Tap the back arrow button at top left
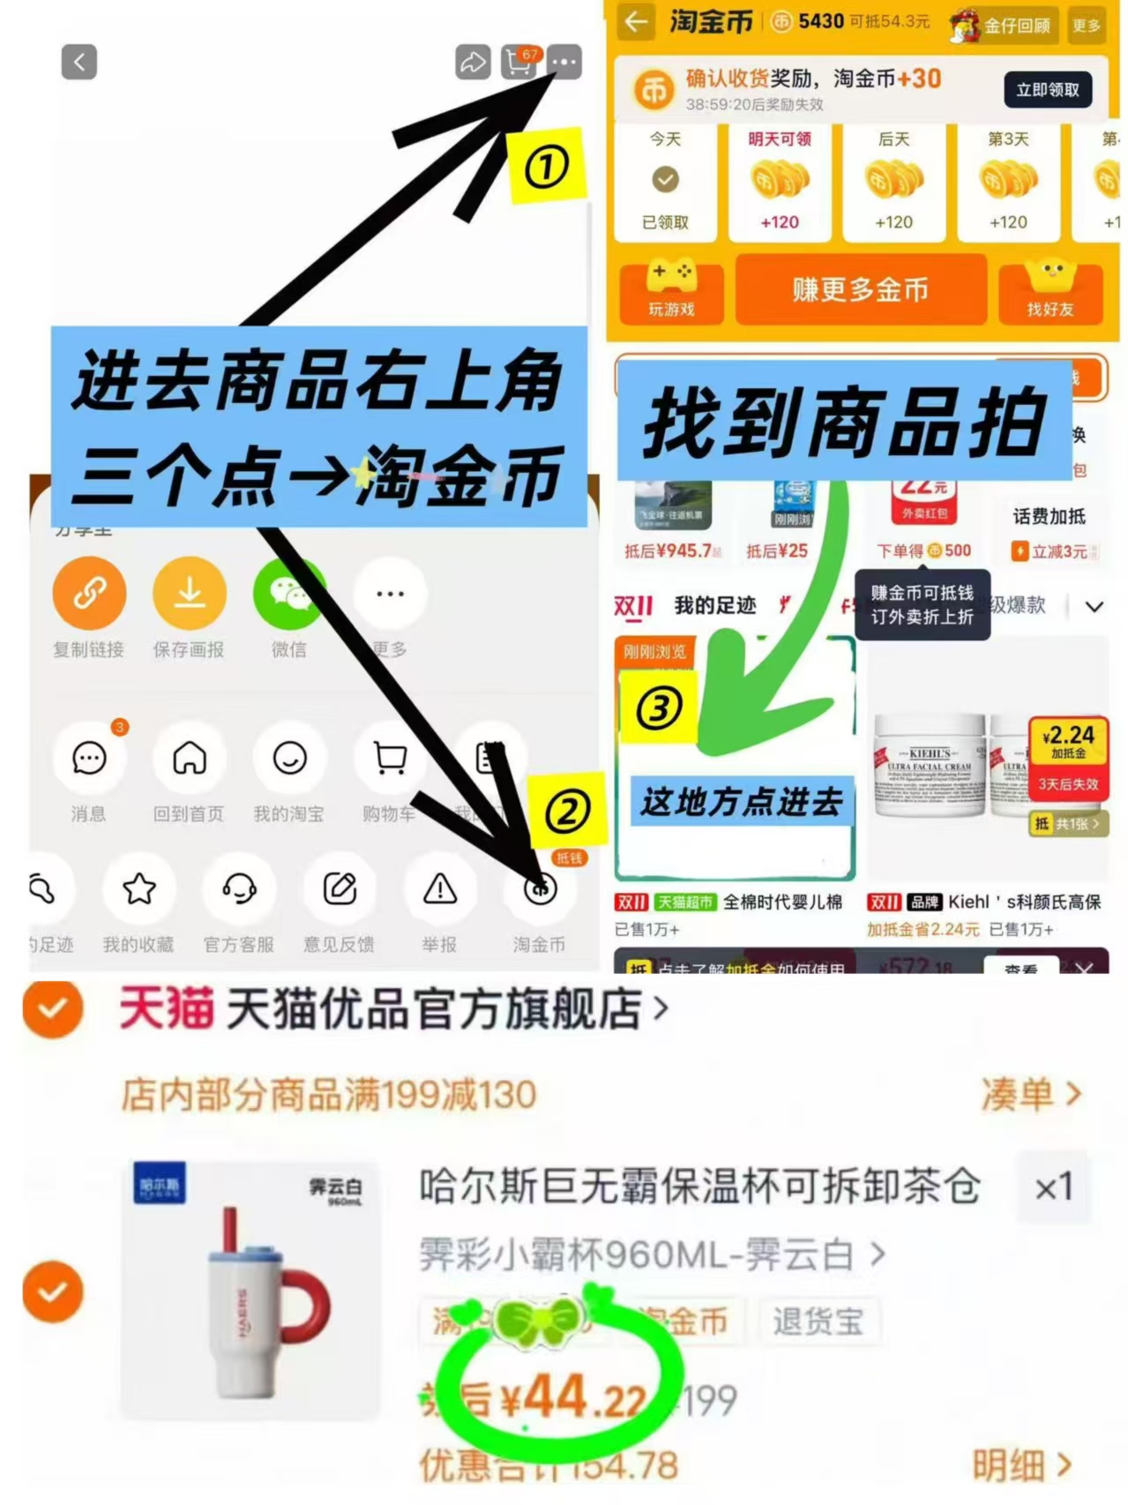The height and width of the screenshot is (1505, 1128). [78, 63]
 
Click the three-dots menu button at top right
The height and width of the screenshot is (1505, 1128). [564, 63]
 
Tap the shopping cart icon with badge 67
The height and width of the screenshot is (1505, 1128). [519, 63]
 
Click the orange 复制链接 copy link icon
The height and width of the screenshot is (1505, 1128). [89, 594]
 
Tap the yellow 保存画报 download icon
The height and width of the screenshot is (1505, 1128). [189, 594]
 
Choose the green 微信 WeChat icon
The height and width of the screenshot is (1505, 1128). [288, 594]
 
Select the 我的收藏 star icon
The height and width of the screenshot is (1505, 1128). [139, 889]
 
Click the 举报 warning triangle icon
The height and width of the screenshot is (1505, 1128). [439, 889]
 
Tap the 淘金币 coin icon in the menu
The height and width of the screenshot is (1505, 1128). [540, 889]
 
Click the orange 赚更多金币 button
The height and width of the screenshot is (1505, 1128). [860, 289]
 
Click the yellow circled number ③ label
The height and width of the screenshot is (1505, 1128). [659, 708]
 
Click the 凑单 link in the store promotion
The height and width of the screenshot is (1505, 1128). [1030, 1095]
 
